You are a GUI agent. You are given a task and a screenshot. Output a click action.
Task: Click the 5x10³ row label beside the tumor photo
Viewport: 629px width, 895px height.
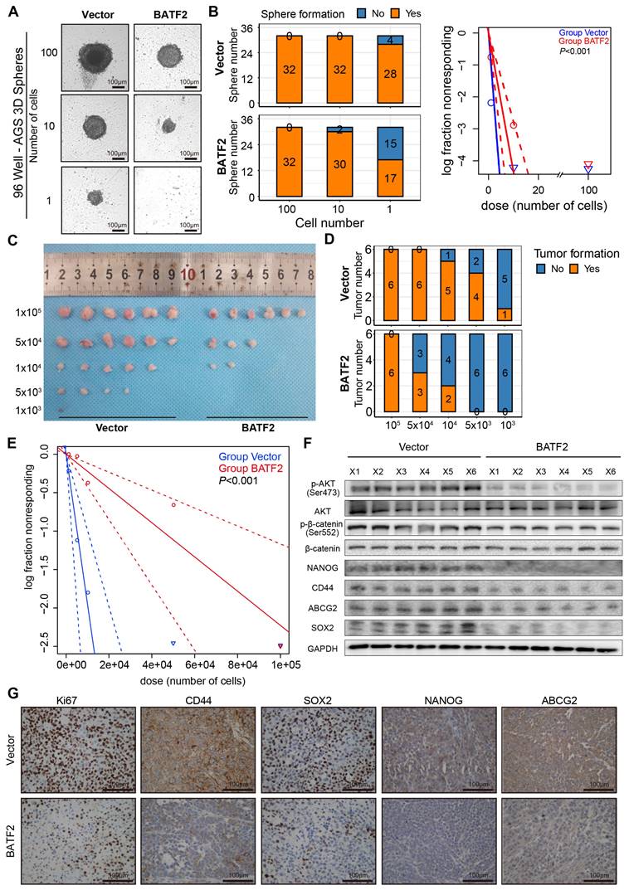pyautogui.click(x=28, y=390)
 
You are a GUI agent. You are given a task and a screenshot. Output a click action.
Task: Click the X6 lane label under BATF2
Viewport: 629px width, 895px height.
pyautogui.click(x=609, y=471)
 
